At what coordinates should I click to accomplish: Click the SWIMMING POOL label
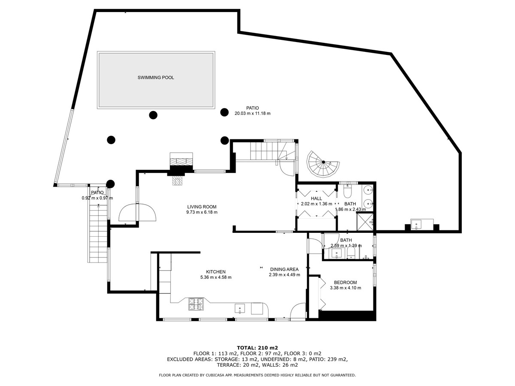click(x=156, y=78)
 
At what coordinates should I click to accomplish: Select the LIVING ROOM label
click(x=202, y=207)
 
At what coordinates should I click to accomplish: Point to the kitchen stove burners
click(x=196, y=304)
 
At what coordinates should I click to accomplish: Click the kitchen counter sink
click(x=240, y=309)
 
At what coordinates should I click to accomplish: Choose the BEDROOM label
click(x=345, y=282)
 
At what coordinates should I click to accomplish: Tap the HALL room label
click(x=316, y=199)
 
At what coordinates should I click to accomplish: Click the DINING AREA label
click(x=285, y=269)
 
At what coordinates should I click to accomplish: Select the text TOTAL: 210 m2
click(x=257, y=347)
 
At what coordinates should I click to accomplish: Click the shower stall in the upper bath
click(x=365, y=221)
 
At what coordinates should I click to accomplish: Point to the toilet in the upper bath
click(x=347, y=191)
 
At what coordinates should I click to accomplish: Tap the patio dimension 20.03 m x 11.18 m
click(x=252, y=113)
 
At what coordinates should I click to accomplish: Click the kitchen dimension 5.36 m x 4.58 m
click(x=216, y=277)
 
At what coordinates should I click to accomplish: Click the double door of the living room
click(x=137, y=212)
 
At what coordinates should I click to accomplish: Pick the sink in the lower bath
click(x=337, y=253)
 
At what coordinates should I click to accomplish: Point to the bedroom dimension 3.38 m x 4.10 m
click(x=345, y=288)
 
